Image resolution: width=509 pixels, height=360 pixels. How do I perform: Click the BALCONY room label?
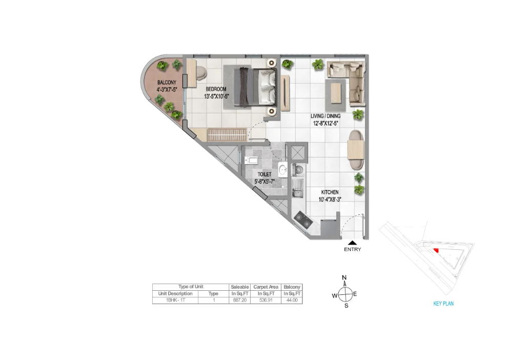coord(167,83)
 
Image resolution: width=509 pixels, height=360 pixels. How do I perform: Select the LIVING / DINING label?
coord(326,116)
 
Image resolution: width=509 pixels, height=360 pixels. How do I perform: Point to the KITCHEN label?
coord(331,192)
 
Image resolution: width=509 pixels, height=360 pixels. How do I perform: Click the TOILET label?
coord(264,174)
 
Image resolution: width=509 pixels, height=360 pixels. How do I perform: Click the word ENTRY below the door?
coord(353,250)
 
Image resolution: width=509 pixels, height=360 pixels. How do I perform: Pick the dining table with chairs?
coord(355,149)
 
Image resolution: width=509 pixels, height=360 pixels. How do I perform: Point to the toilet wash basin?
coord(283,171)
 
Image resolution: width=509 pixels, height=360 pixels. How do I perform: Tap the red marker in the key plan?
coord(436,250)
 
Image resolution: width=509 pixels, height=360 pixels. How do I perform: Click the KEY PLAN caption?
coord(443,304)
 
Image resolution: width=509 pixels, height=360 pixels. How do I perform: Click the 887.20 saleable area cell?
coord(239,301)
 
